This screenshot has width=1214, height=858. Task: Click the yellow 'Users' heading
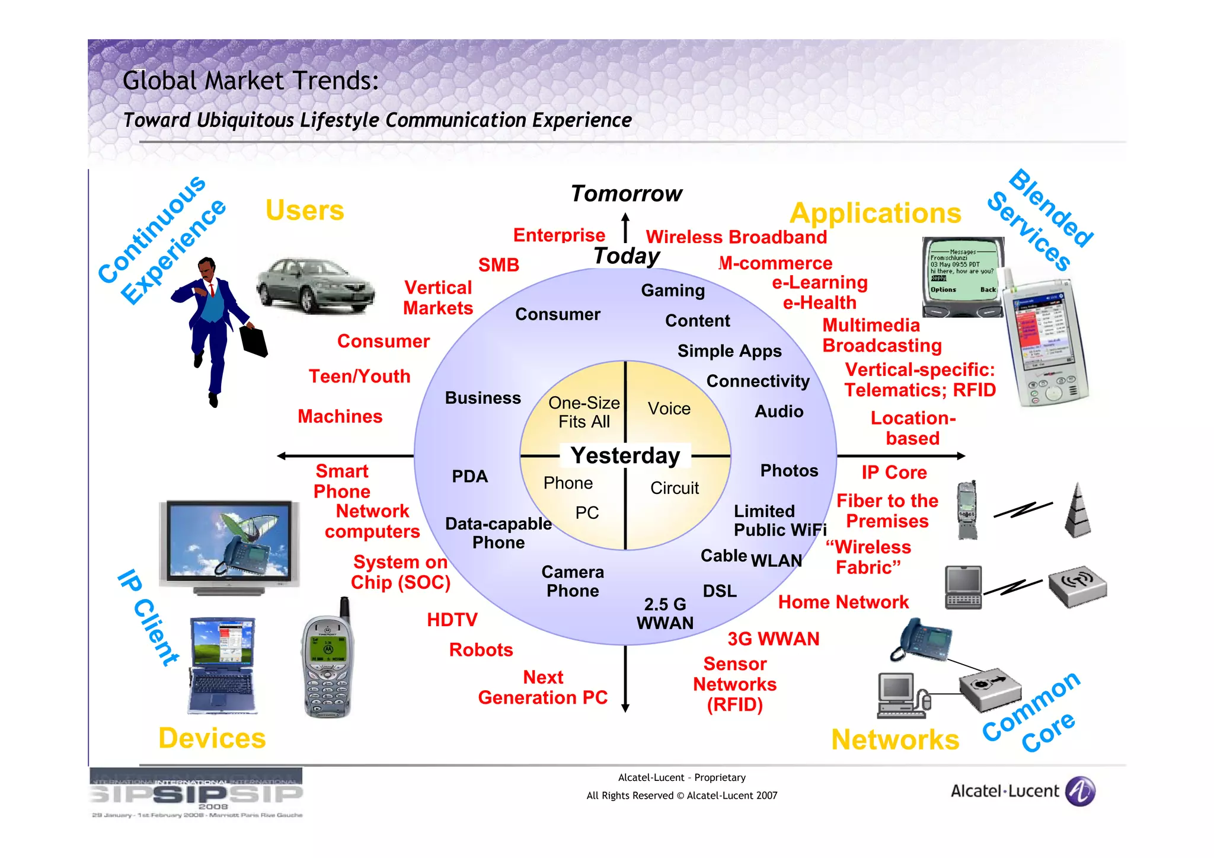(305, 210)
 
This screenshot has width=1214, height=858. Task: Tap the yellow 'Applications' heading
(875, 213)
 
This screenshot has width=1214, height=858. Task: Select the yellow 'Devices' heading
(212, 738)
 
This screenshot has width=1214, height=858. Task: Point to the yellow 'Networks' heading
(895, 739)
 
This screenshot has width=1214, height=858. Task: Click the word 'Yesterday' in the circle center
(625, 455)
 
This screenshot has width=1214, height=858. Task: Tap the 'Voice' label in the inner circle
(669, 409)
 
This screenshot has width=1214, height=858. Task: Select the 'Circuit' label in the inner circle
(675, 488)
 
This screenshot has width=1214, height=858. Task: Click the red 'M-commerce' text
(775, 263)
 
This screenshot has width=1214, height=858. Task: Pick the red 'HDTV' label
(452, 620)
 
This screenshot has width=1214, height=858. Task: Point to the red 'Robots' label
(481, 650)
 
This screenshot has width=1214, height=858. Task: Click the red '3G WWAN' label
(774, 639)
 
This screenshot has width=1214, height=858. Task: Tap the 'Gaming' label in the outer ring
(673, 291)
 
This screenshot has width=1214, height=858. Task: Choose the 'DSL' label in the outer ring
(720, 591)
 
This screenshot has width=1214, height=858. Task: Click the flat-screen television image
(228, 546)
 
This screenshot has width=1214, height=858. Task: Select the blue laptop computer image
(222, 664)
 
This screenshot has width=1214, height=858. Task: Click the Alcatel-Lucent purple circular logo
(1080, 792)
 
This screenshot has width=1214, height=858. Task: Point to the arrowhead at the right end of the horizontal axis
(961, 456)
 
